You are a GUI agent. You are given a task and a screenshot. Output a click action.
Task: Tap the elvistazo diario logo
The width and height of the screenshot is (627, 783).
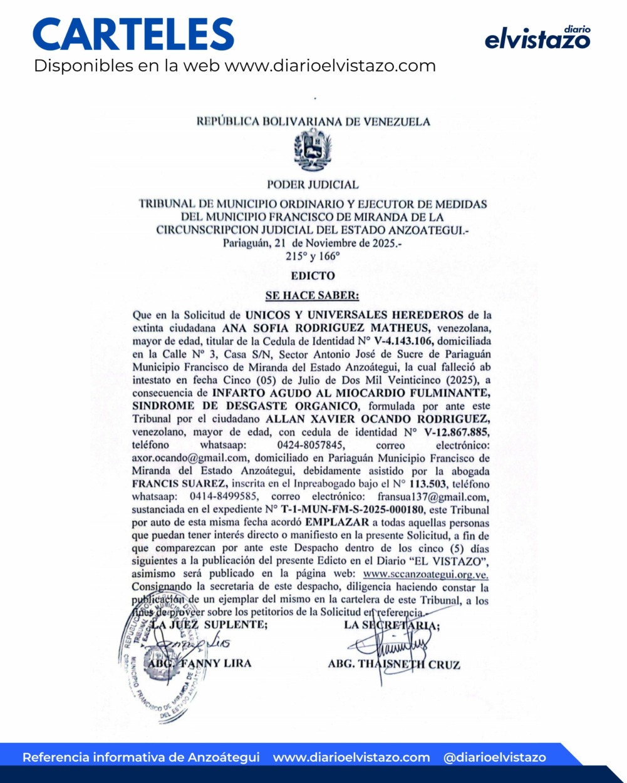click(x=537, y=38)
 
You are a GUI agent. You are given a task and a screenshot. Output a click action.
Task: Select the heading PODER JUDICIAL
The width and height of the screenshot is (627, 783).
click(x=313, y=185)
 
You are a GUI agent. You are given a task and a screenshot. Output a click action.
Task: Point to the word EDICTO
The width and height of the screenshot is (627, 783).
click(x=313, y=275)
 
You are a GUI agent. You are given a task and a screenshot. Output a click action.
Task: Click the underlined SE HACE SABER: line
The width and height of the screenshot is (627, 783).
click(x=313, y=295)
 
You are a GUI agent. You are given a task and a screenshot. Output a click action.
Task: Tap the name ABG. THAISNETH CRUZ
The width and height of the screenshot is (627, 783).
click(x=393, y=664)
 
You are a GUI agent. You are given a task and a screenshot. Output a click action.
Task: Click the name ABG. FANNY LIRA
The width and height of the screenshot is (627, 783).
click(x=199, y=663)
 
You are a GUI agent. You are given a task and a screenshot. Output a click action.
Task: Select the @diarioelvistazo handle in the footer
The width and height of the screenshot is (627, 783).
click(x=494, y=757)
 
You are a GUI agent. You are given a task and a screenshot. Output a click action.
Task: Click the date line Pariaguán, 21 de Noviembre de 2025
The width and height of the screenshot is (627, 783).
click(x=313, y=243)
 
